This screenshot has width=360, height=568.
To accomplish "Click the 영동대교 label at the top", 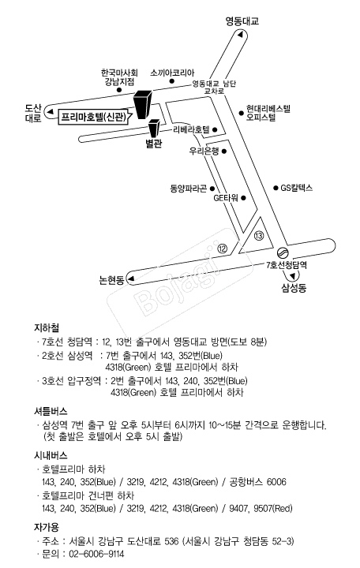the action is coord(242,21).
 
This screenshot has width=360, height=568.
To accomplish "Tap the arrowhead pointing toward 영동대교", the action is coord(240,35).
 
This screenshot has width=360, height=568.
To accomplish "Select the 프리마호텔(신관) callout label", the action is coord(94,118).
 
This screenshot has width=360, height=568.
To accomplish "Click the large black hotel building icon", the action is coord(143,104).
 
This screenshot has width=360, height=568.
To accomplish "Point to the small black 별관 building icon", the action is coord(154,129).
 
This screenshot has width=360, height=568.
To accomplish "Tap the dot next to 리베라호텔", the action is coord(215,129).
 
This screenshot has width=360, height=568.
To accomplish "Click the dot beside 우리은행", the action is coord(224,151).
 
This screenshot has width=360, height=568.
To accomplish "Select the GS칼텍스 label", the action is coord(297,188).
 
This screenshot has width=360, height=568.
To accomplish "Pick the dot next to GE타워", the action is coord(244,198).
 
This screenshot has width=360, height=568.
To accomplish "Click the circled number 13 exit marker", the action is coord(259,236).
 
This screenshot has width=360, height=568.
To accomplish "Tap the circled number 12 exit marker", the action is coord(222,248).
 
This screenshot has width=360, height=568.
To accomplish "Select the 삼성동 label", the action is coord(294,288).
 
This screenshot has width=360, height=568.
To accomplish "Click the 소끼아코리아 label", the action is coord(172,73).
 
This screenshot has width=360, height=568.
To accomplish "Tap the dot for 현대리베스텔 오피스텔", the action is coord(241,113).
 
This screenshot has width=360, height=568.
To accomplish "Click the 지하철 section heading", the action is coord(47,327).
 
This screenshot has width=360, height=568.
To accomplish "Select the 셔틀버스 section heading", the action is coord(51,411).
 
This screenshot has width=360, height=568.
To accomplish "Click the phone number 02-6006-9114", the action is coord(96,554).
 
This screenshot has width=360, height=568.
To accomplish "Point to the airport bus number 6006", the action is coord(276,482).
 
